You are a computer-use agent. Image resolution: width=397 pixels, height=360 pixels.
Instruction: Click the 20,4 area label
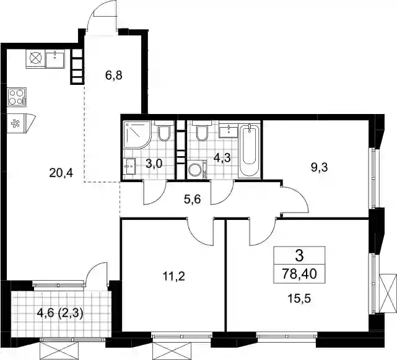click(61, 173)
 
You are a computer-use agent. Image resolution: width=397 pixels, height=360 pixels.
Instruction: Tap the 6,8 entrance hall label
click(114, 75)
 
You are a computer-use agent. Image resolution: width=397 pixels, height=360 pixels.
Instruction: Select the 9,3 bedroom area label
click(319, 167)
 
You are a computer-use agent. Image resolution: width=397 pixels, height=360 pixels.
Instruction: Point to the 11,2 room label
click(174, 276)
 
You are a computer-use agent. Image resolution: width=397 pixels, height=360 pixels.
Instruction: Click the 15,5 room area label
click(299, 299)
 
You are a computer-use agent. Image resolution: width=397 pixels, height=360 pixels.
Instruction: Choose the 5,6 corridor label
click(193, 200)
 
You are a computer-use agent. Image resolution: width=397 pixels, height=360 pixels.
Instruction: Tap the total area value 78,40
click(300, 274)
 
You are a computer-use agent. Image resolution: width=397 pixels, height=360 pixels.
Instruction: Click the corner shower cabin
click(137, 134)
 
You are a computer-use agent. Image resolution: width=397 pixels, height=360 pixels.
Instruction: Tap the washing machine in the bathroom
click(197, 170)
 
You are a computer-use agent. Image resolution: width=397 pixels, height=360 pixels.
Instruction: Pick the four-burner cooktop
click(17, 97)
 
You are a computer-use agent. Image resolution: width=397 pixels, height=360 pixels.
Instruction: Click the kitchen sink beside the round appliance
click(55, 58)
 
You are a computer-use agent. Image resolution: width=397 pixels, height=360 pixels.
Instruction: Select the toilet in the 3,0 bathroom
click(164, 131)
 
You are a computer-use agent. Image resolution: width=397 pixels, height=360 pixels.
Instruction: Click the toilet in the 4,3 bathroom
click(202, 131)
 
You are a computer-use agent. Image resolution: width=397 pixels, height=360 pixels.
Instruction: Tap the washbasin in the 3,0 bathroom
click(129, 167)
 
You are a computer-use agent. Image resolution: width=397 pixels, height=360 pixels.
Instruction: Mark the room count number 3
click(300, 256)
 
